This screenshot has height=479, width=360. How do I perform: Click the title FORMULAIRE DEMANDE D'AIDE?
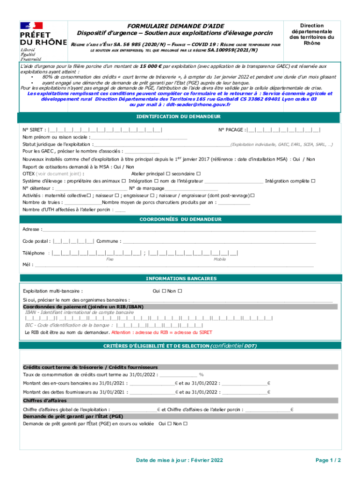tap(176, 26)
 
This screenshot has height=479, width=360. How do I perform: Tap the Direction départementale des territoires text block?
tap(312, 35)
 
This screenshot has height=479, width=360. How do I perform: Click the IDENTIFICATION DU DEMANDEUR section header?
tap(178, 116)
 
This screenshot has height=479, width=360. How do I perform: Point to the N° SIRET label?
tap(35, 130)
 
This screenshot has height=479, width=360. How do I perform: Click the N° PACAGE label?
tap(231, 130)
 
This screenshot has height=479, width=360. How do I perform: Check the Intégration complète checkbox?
tap(313, 181)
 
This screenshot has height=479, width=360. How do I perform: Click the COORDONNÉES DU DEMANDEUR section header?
tap(178, 219)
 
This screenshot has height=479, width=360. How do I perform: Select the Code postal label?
tap(36, 241)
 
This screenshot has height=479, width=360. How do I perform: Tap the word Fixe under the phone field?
tap(110, 259)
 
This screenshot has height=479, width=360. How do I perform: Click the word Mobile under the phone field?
tap(220, 259)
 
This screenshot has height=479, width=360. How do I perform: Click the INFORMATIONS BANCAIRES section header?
tap(178, 278)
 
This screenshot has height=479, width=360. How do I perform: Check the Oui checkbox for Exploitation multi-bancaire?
tap(164, 291)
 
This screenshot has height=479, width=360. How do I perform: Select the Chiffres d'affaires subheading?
tap(45, 401)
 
